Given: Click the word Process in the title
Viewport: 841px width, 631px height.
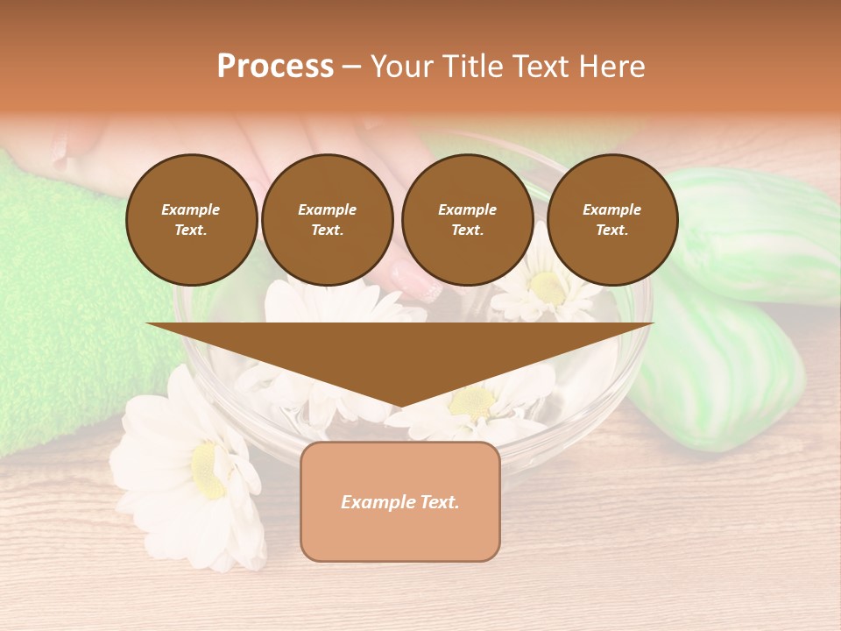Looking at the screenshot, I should point(275,67).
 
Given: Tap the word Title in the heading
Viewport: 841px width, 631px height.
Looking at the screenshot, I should point(470,67).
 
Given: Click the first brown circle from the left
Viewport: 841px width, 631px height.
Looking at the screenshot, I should point(191,220).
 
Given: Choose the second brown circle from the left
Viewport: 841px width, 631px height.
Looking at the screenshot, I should point(328,220).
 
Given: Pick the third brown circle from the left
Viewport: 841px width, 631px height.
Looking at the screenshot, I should point(467,220).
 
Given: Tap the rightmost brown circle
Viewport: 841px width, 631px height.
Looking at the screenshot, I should point(611,220).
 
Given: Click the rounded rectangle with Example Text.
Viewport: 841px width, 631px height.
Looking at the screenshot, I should point(400,501).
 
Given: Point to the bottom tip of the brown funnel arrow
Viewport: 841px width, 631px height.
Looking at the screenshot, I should point(400,408).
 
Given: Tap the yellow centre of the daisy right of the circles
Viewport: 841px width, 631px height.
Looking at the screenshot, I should point(548,286).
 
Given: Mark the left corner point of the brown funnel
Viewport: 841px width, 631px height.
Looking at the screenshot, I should point(146,323).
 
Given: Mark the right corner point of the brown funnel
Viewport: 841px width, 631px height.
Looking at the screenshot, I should point(654,323).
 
